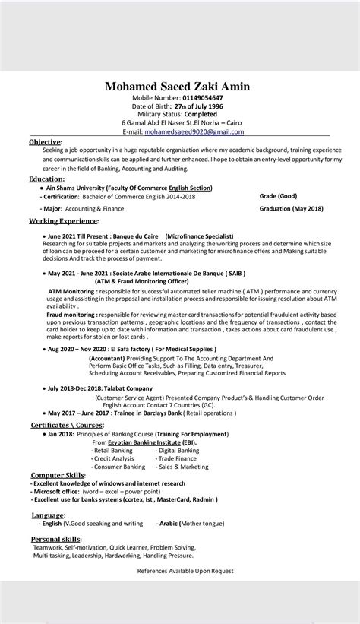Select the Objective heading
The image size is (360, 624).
(45, 142)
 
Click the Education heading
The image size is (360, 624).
(46, 179)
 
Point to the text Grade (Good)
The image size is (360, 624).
(278, 195)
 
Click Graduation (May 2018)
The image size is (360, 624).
(291, 207)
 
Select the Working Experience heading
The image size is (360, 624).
(64, 220)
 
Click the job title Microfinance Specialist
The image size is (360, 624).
(199, 236)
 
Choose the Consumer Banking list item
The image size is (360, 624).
(115, 467)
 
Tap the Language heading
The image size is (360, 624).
(47, 515)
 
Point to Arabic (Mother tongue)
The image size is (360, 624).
(191, 524)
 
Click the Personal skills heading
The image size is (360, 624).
(55, 538)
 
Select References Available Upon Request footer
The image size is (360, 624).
(185, 570)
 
